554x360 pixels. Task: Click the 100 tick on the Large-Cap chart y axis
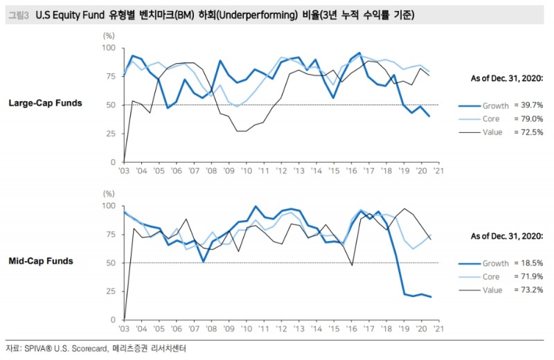(109, 48)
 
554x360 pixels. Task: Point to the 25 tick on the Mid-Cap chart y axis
(111, 291)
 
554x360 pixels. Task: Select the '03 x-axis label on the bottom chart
(124, 329)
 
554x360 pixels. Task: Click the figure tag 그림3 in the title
(19, 15)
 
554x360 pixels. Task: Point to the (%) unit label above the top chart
(109, 34)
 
